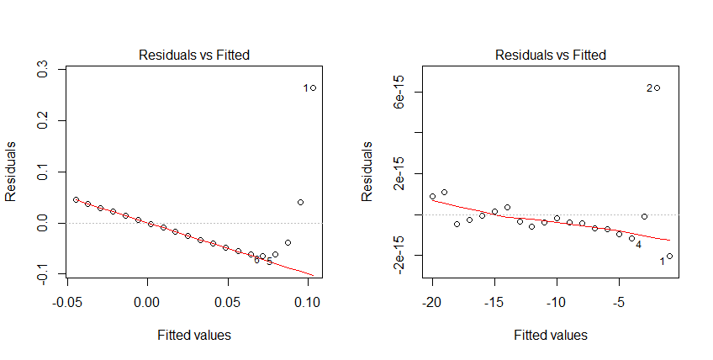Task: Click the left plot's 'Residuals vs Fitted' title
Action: [193, 56]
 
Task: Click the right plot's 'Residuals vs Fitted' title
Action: [550, 56]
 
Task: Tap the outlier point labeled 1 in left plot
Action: [313, 87]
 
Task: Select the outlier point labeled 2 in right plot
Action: [657, 87]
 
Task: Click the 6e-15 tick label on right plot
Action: [401, 92]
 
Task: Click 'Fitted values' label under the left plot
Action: [193, 335]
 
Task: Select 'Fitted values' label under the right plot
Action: [550, 335]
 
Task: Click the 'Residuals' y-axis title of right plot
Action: [367, 172]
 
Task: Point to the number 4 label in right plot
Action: [638, 244]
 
